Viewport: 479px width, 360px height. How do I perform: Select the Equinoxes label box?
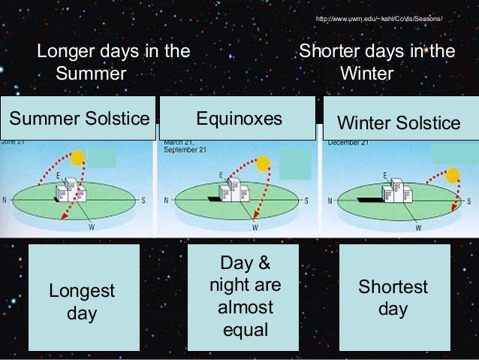239,119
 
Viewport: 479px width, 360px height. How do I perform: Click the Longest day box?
82,301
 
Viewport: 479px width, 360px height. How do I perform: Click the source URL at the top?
379,17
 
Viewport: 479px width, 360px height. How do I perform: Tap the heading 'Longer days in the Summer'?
113,63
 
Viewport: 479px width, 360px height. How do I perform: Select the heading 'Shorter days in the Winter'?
377,63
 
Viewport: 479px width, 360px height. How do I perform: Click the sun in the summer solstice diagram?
77,159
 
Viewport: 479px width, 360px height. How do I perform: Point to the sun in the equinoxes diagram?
262,163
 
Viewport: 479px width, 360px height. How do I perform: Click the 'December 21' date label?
347,142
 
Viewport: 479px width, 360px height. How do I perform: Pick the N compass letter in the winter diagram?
330,201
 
